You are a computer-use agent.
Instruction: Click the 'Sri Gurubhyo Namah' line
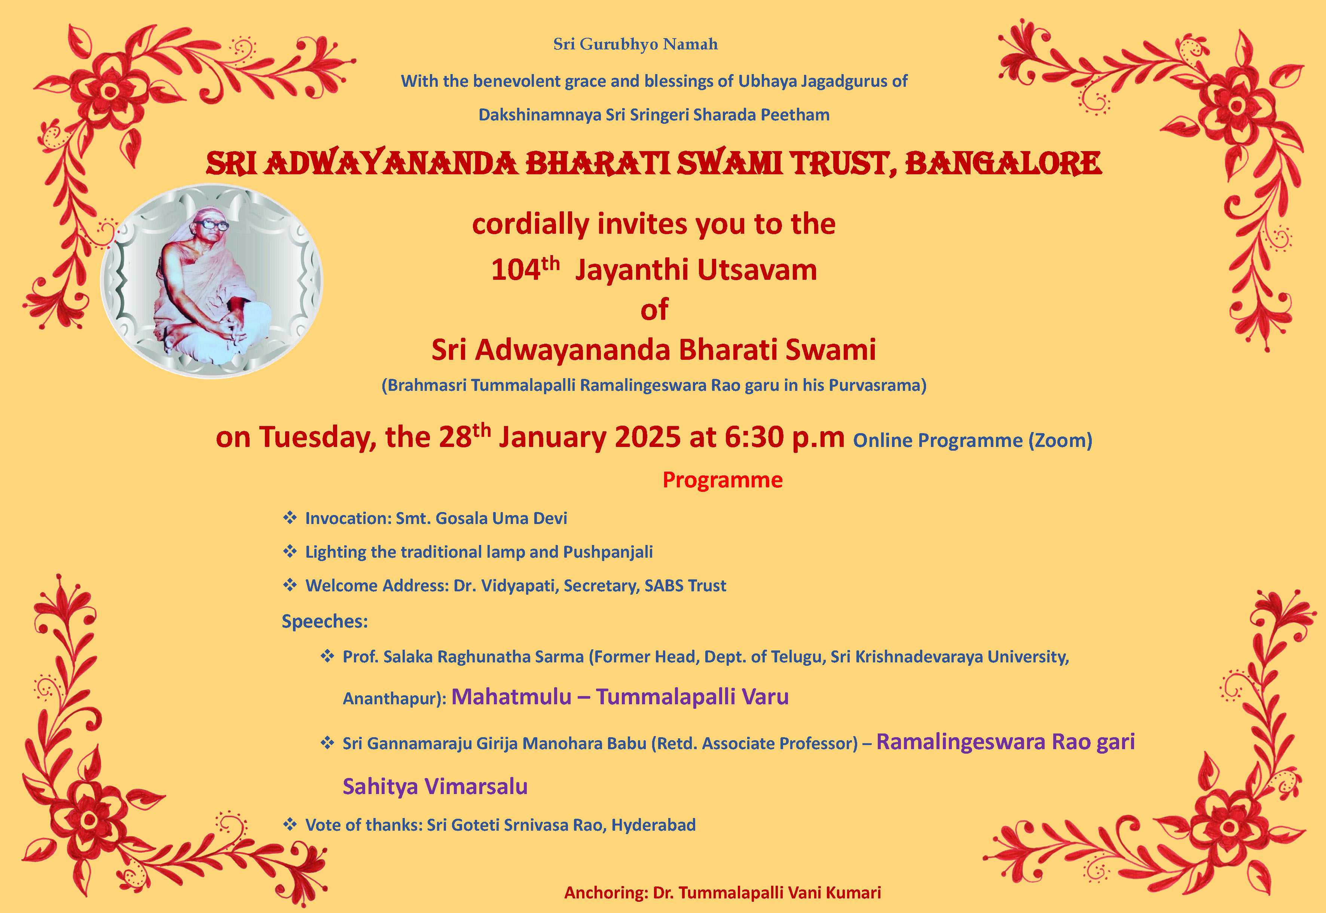click(635, 45)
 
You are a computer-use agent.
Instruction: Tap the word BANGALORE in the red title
click(1003, 163)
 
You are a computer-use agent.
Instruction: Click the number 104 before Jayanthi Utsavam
click(516, 270)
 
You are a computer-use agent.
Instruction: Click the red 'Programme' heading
click(722, 480)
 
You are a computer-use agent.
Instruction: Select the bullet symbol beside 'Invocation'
click(290, 518)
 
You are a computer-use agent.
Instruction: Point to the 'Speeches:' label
click(324, 621)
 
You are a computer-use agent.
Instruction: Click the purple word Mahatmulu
click(511, 697)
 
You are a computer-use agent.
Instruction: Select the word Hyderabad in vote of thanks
click(654, 825)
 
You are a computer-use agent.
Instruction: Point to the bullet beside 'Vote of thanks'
click(290, 824)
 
